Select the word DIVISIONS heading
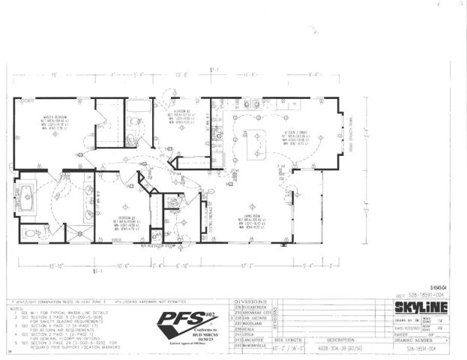[x=251, y=298]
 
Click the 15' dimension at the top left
[x=54, y=75]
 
